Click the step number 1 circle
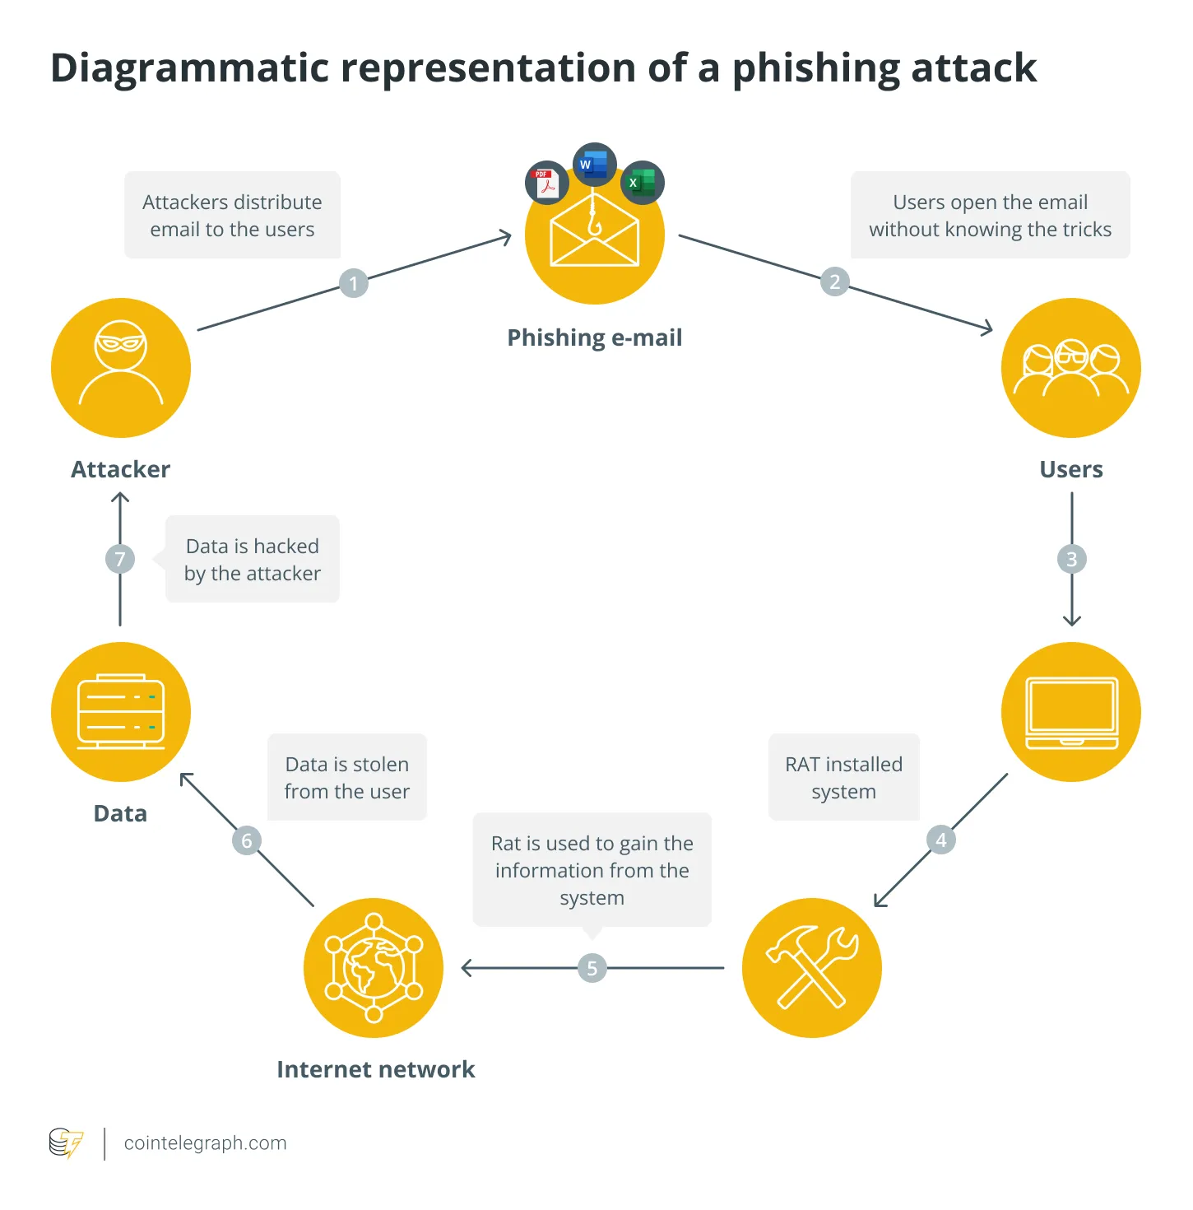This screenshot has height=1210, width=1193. (x=354, y=283)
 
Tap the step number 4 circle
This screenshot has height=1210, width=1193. (x=941, y=840)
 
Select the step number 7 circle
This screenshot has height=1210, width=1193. (x=120, y=560)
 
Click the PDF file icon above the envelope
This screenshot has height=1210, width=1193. (x=546, y=183)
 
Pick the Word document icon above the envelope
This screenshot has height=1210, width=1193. (x=594, y=165)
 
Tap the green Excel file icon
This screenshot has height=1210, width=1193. (x=642, y=183)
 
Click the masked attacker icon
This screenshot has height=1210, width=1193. (x=121, y=368)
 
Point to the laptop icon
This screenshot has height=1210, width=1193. (x=1071, y=712)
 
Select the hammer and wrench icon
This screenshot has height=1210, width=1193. (x=812, y=968)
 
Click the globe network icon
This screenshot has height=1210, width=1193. (x=374, y=968)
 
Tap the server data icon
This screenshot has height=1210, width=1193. (x=121, y=712)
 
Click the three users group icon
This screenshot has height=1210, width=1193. (x=1071, y=368)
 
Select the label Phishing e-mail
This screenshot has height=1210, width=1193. (x=594, y=337)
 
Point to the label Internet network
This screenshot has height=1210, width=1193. (x=375, y=1069)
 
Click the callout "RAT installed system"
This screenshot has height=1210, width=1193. (x=843, y=777)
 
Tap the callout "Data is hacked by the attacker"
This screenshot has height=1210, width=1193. (x=253, y=560)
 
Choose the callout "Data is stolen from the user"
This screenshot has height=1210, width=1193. (x=346, y=777)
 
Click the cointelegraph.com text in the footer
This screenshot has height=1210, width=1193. (x=205, y=1143)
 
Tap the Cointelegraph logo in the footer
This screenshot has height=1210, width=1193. (x=66, y=1143)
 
